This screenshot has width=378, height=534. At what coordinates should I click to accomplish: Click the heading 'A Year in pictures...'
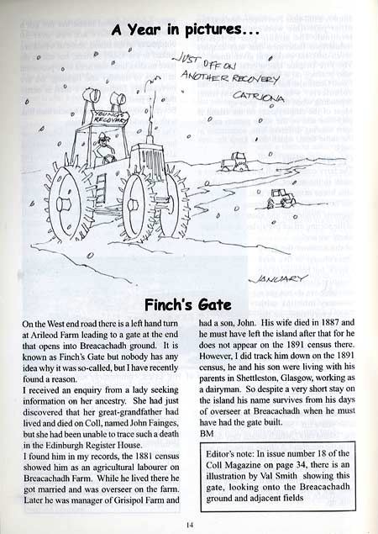pos(189,32)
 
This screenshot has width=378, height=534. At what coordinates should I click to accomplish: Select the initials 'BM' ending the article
pos(210,431)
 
